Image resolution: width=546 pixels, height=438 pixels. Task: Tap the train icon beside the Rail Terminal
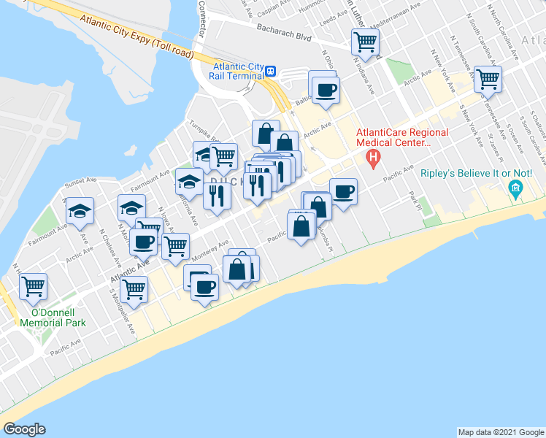(x=270, y=71)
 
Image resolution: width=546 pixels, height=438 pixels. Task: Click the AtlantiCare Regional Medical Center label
(x=393, y=137)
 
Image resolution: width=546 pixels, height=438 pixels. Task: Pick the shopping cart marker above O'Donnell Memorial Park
(x=33, y=287)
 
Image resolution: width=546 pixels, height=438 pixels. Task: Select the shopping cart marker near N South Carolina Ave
(x=488, y=77)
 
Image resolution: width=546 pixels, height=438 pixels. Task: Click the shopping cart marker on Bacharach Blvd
(x=365, y=42)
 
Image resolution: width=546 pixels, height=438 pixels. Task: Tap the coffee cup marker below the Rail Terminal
(x=326, y=91)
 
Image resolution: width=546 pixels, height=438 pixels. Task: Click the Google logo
(x=23, y=429)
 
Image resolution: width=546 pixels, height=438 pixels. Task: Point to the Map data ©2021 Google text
(x=501, y=432)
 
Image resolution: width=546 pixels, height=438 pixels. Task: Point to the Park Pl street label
(x=417, y=198)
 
